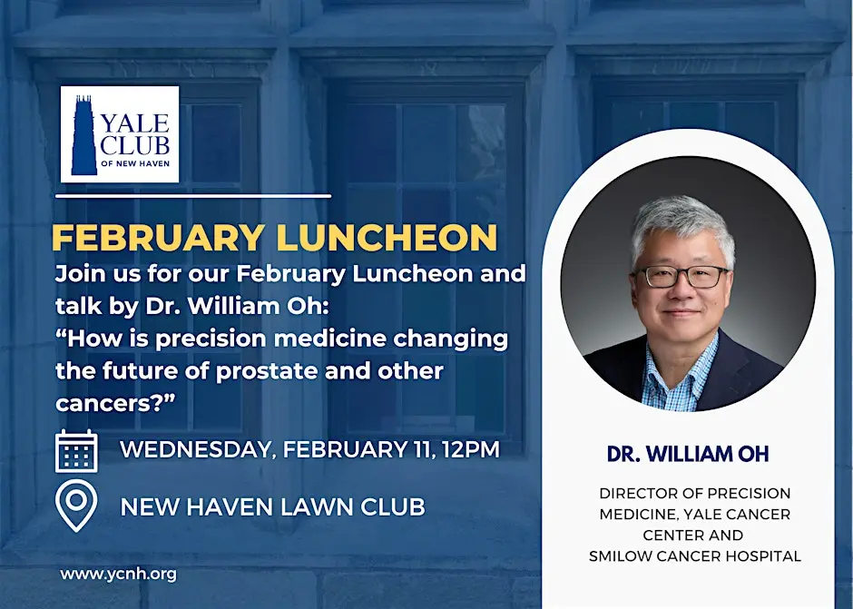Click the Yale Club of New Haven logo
120,134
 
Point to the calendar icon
76,451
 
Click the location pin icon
76,506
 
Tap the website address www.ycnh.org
118,574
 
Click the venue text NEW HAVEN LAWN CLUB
272,506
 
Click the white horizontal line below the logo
192,195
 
